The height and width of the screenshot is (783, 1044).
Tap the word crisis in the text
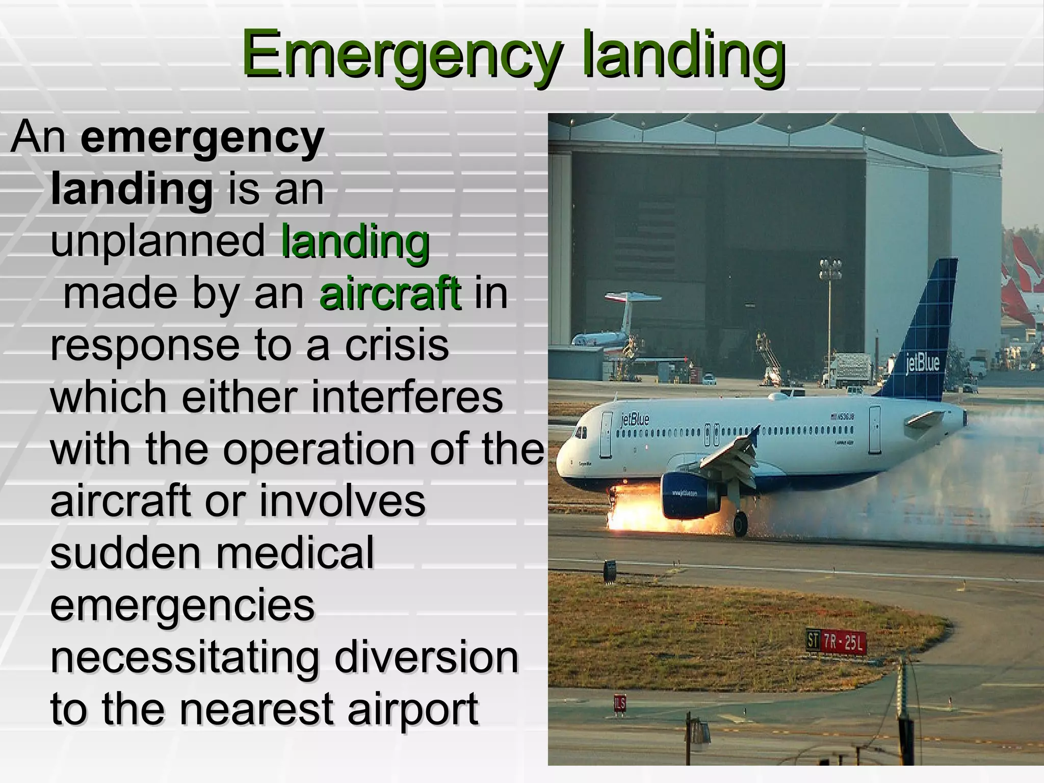pyautogui.click(x=397, y=345)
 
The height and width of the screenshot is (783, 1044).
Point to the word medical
pyautogui.click(x=295, y=553)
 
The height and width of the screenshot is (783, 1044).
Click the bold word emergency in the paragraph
pyautogui.click(x=202, y=138)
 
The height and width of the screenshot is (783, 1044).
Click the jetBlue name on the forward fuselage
pyautogui.click(x=635, y=419)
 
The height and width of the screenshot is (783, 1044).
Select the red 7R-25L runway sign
pyautogui.click(x=843, y=642)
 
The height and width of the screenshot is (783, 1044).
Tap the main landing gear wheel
pyautogui.click(x=740, y=524)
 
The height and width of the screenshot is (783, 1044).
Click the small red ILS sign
pyautogui.click(x=619, y=704)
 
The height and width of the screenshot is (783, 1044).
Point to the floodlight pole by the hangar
pyautogui.click(x=830, y=306)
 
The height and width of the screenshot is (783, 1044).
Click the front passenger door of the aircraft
pyautogui.click(x=606, y=434)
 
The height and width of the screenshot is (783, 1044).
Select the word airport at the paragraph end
pyautogui.click(x=413, y=709)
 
